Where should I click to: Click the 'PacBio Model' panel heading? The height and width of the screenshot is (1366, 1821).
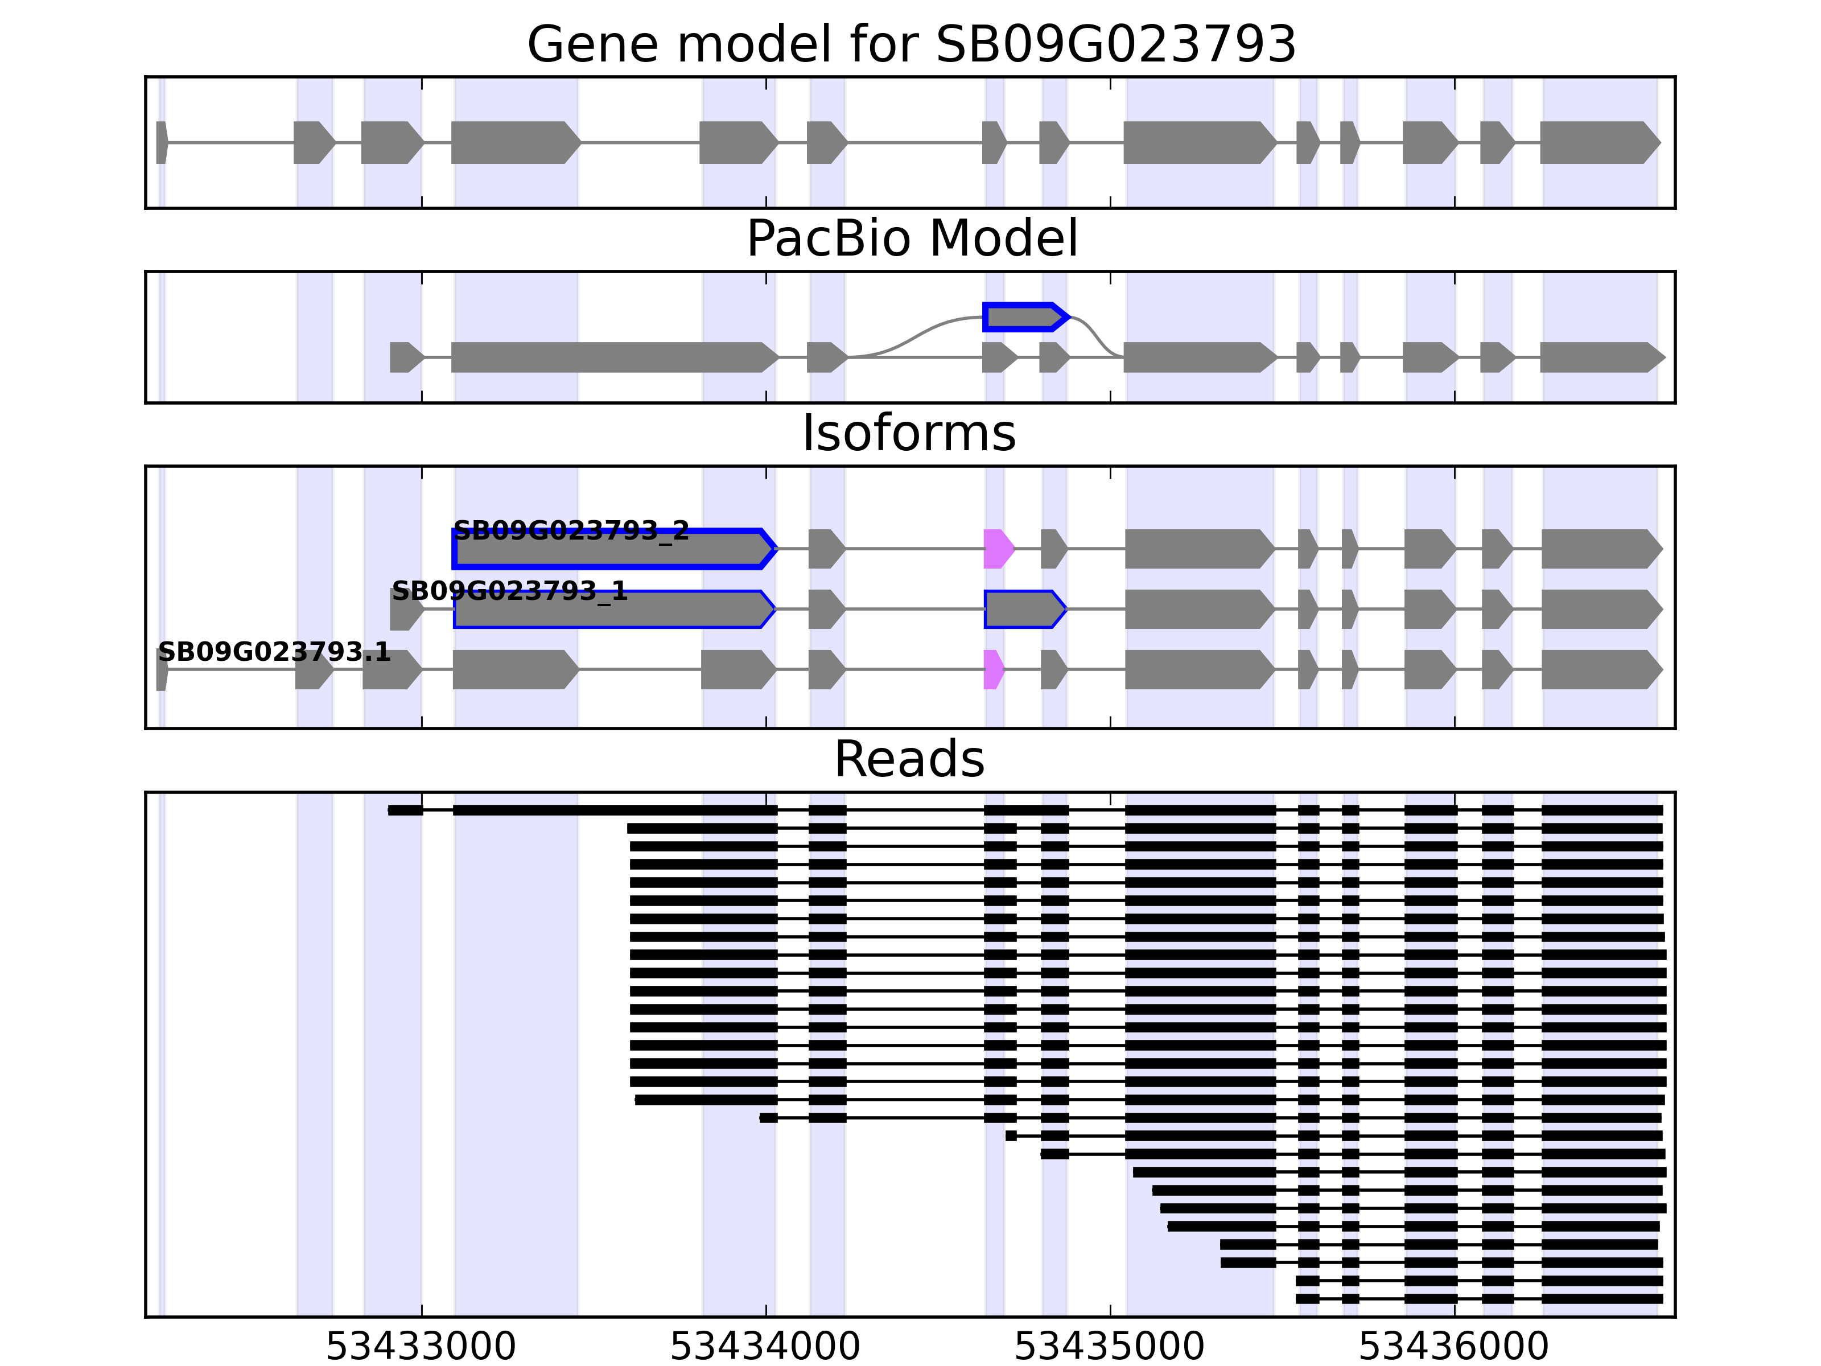910,239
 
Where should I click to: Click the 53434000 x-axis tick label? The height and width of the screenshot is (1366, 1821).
765,1348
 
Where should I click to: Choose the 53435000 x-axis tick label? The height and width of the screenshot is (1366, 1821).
1109,1348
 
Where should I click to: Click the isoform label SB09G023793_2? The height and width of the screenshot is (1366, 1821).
571,530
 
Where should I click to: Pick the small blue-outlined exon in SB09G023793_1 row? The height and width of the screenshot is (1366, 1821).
1023,610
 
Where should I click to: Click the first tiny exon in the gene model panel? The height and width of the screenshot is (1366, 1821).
162,142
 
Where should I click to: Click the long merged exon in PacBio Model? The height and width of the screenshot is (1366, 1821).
613,357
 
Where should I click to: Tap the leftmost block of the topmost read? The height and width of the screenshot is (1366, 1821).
405,810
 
